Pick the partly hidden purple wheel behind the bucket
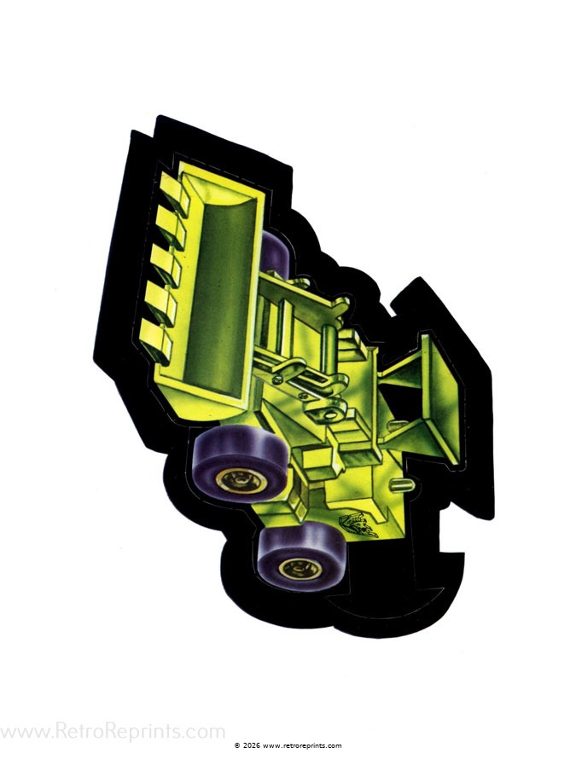click(x=276, y=252)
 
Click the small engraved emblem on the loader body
click(x=358, y=524)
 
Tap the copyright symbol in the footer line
click(x=237, y=745)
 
